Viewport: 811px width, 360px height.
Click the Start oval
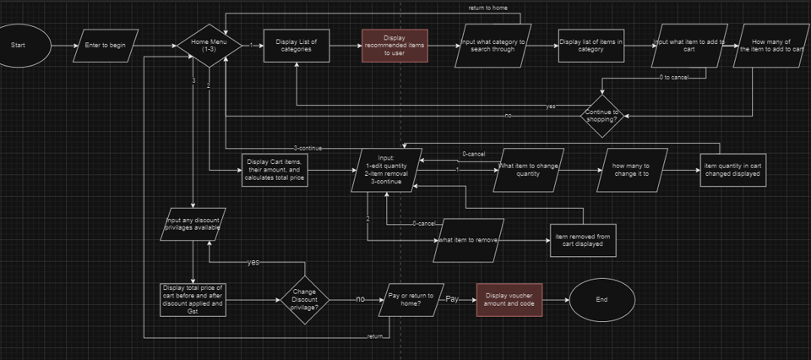24,45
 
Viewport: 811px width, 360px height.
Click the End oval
601,299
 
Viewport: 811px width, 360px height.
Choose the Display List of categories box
297,45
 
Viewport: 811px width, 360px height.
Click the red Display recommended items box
395,45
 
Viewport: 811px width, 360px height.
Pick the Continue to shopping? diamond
604,115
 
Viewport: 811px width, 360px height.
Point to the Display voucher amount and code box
509,299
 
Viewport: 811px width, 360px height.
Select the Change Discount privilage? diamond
304,298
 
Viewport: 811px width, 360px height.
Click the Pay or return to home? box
412,299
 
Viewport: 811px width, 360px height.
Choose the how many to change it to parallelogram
631,171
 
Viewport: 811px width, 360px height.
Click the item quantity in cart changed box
732,171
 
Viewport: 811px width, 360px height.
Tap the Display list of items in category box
591,45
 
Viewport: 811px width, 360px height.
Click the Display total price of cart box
193,299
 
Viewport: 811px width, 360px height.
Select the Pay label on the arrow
452,299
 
